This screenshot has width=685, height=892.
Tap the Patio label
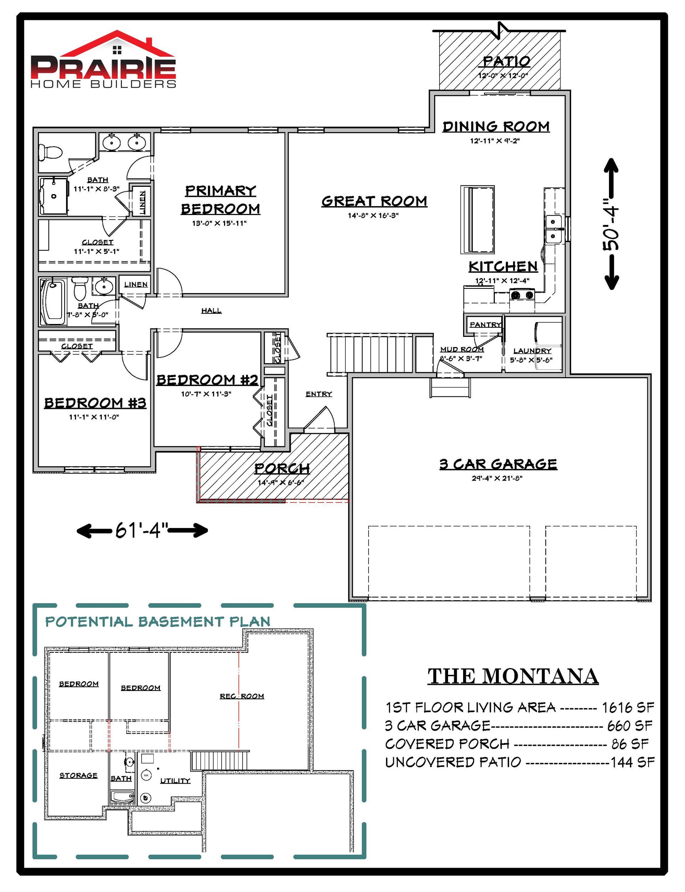click(x=506, y=62)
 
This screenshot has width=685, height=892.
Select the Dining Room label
click(x=496, y=126)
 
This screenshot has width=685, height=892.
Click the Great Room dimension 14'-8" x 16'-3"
click(x=373, y=215)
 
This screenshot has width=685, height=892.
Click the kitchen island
click(x=477, y=220)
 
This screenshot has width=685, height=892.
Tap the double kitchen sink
click(x=554, y=230)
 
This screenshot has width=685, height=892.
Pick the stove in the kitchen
click(x=522, y=295)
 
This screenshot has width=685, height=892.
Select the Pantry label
click(x=485, y=324)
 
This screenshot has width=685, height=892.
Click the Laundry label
click(x=532, y=350)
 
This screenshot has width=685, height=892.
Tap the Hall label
click(x=211, y=311)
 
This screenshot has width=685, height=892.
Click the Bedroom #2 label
click(x=208, y=380)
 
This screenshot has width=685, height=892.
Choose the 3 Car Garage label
click(x=498, y=464)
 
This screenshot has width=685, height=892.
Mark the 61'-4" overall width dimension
click(x=142, y=530)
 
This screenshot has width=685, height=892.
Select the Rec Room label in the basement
click(x=242, y=696)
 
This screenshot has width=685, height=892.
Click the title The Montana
click(x=513, y=676)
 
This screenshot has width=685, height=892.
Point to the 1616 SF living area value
click(x=628, y=708)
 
